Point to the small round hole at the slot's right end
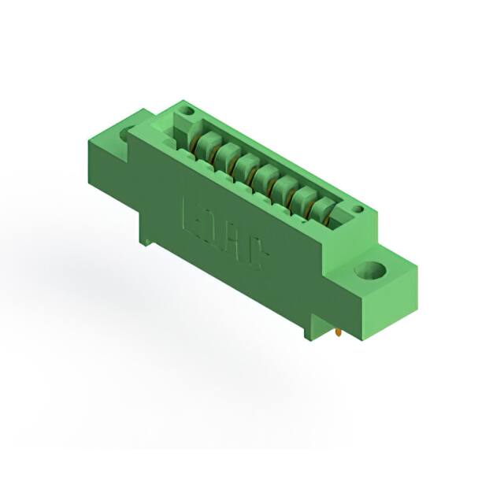point(357,210)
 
